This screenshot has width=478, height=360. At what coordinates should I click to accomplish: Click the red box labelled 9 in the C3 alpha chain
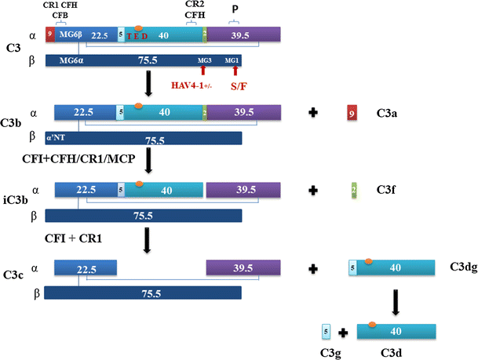(50, 35)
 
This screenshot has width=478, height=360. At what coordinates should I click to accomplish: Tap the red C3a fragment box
(353, 115)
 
